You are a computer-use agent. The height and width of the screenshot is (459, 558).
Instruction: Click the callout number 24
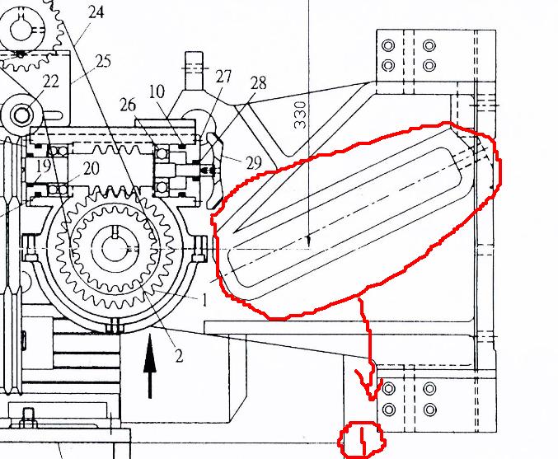96,12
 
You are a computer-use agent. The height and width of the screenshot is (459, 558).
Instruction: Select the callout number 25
103,61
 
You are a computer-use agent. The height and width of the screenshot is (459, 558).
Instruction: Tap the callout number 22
51,82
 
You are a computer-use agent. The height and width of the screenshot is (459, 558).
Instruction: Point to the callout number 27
223,77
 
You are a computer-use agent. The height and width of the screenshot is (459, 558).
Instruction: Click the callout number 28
258,83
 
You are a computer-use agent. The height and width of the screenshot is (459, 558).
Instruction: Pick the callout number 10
157,91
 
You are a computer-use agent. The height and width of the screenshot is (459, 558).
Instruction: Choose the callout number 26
128,105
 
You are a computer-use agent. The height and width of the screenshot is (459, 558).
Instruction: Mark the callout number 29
254,162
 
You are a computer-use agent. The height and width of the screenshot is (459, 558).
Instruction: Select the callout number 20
91,168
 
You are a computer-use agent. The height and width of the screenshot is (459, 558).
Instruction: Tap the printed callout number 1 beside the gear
204,301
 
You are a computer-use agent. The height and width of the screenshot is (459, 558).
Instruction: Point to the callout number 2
179,356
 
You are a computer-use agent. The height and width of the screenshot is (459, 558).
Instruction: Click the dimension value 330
300,115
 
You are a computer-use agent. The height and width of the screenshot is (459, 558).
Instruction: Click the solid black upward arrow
150,366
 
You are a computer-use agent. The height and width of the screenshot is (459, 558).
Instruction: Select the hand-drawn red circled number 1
362,439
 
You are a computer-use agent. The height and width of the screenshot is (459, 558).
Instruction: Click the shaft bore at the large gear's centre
115,248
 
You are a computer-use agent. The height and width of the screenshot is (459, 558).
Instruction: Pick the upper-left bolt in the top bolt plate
388,45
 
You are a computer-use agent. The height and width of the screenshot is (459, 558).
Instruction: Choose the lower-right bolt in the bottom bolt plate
430,410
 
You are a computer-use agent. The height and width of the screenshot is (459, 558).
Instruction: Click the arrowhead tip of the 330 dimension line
308,246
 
